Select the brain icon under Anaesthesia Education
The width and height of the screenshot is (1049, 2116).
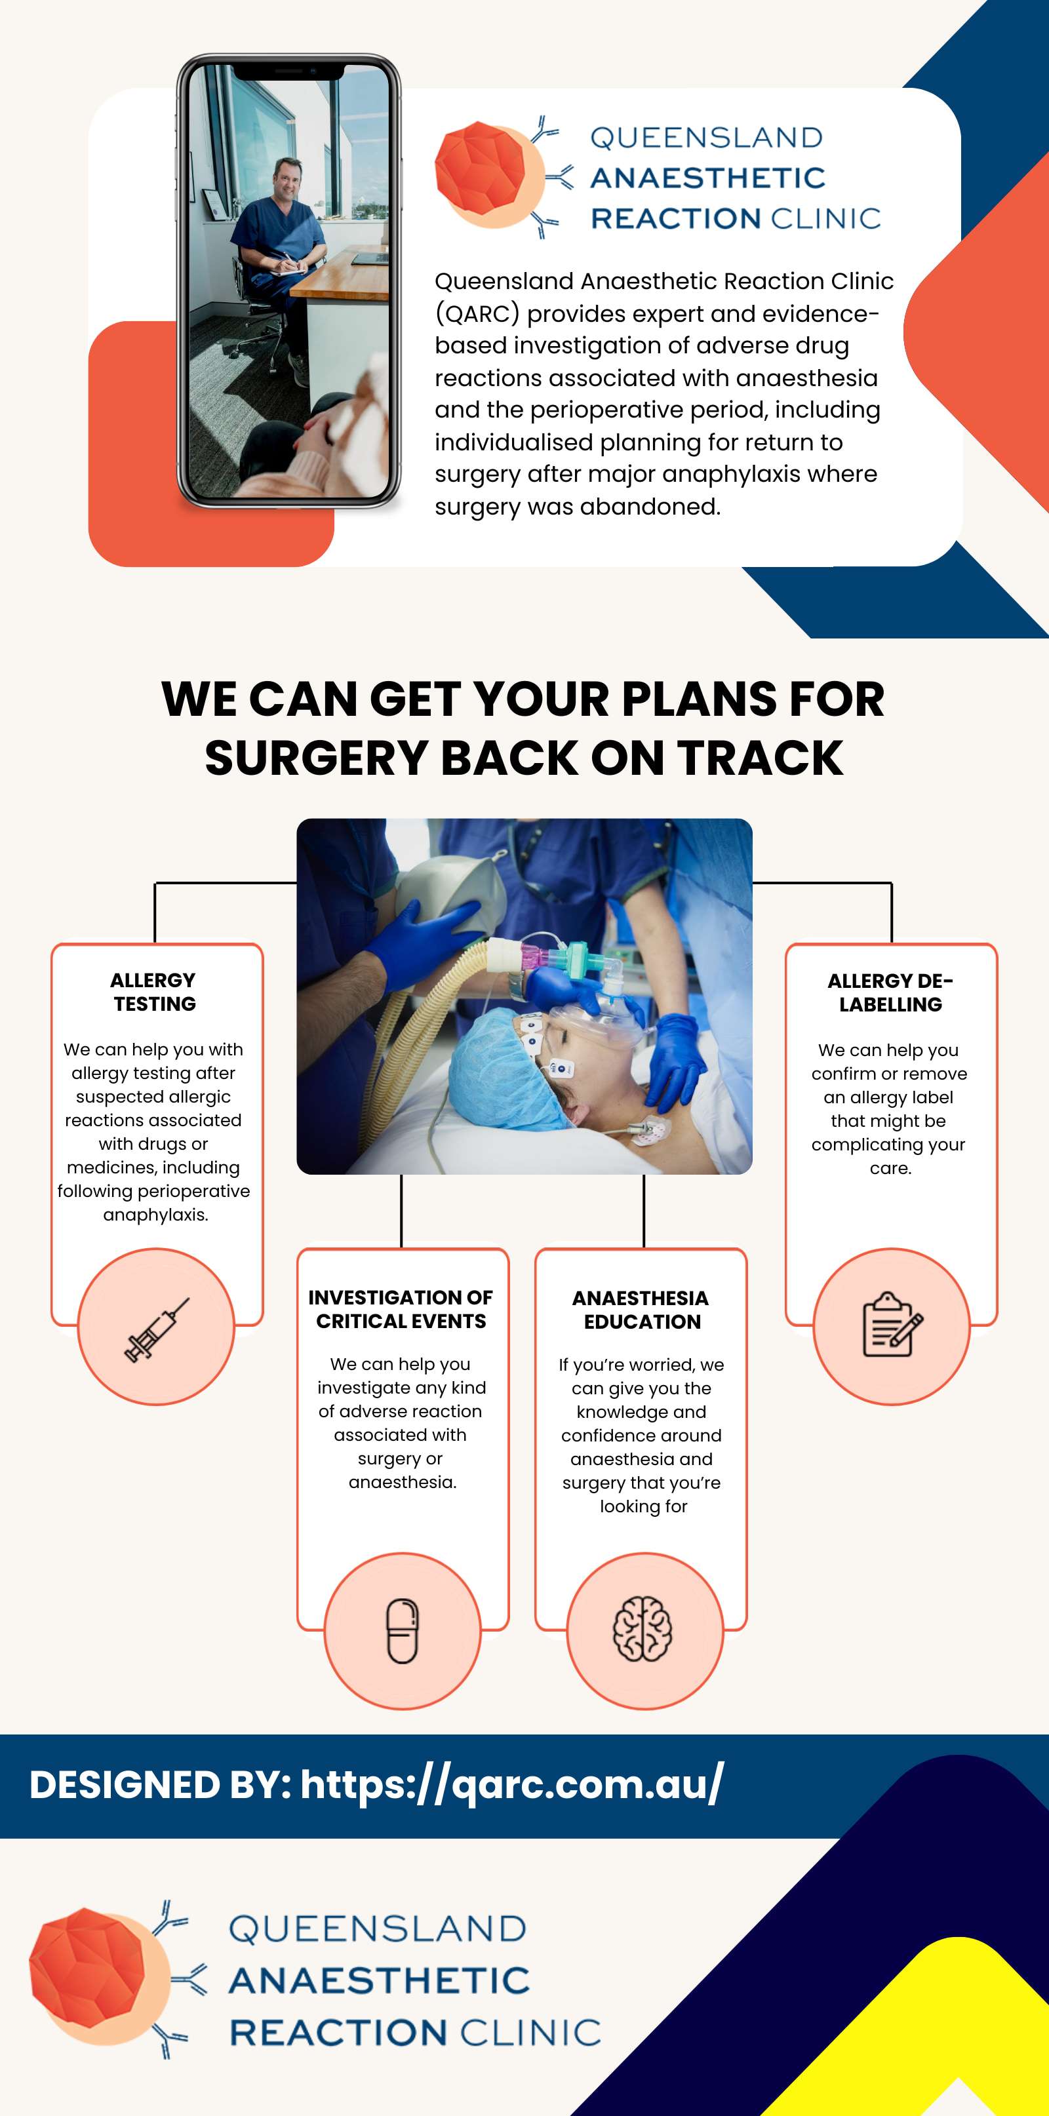pos(643,1630)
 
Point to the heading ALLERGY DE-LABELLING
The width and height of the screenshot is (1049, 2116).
pos(890,992)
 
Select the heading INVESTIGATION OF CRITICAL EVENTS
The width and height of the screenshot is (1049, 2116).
pos(401,1309)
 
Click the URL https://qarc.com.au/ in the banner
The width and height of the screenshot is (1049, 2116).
pos(512,1784)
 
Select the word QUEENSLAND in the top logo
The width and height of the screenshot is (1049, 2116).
pos(707,137)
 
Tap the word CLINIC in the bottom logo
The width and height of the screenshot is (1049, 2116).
pos(530,2032)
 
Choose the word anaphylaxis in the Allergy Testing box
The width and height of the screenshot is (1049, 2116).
pos(155,1215)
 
